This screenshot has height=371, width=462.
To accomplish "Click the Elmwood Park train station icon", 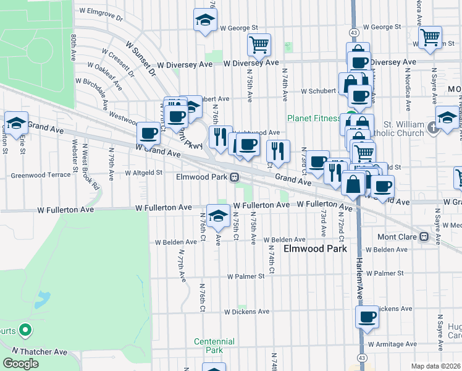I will pyautogui.click(x=235, y=177).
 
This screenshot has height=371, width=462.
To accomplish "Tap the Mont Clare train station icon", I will pyautogui.click(x=424, y=236).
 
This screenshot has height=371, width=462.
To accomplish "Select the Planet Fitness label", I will pyautogui.click(x=314, y=119).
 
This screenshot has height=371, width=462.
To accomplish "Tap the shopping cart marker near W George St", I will pyautogui.click(x=259, y=44).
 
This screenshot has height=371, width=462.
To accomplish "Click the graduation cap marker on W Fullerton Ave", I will pyautogui.click(x=217, y=215).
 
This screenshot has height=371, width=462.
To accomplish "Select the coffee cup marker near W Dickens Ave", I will pyautogui.click(x=367, y=317).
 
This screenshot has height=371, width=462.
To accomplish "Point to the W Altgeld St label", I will pyautogui.click(x=143, y=173).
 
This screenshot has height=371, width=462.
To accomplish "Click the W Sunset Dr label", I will pyautogui.click(x=141, y=58).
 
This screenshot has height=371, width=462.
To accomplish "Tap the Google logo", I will pyautogui.click(x=20, y=364).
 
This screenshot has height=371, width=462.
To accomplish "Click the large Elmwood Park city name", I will pyautogui.click(x=315, y=249).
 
